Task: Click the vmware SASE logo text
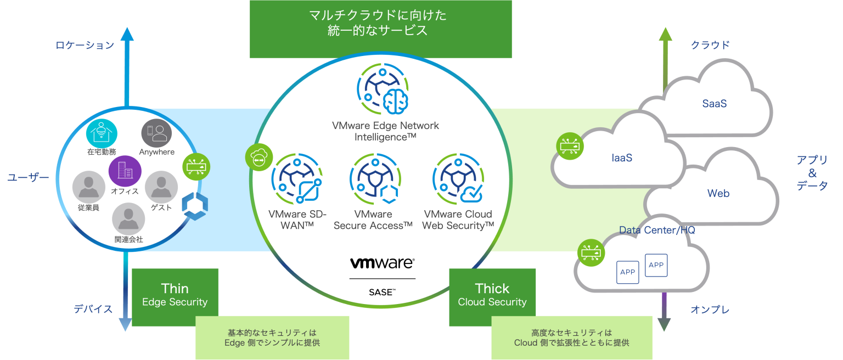pos(382,263)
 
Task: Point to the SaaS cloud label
pos(714,103)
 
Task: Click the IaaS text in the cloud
pos(622,158)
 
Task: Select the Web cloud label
pos(718,193)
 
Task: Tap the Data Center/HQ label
pos(657,230)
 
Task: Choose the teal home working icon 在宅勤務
pos(102,133)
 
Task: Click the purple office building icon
pos(124,171)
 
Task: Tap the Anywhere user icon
pos(156,133)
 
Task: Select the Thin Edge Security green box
pos(175,296)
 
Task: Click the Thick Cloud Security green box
pos(492,296)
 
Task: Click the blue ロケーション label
pos(85,46)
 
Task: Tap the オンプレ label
pos(710,310)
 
